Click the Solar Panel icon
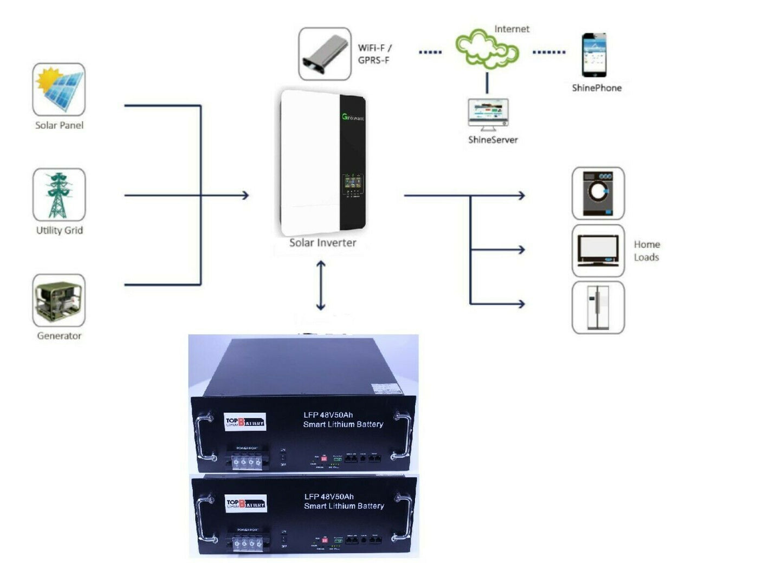click(59, 89)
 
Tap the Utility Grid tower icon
click(59, 195)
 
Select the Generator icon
click(59, 300)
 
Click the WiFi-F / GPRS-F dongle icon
click(325, 54)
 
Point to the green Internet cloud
click(486, 49)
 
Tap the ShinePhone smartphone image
click(594, 55)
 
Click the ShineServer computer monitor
click(488, 113)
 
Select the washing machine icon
click(598, 193)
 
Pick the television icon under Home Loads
click(598, 250)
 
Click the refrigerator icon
click(598, 307)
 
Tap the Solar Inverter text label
click(322, 243)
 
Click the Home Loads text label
click(646, 251)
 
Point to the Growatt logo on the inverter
click(353, 117)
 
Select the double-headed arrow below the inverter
click(321, 285)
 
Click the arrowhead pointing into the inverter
click(245, 195)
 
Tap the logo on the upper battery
click(245, 422)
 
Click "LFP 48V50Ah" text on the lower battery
click(329, 496)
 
